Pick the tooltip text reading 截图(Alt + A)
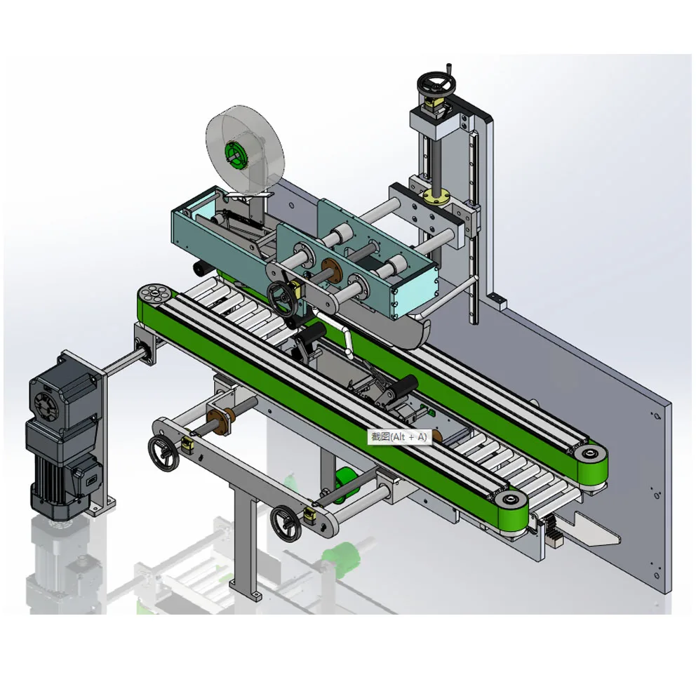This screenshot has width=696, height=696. click(x=399, y=436)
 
